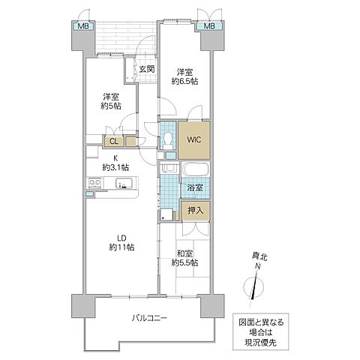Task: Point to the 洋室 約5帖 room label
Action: point(111,102)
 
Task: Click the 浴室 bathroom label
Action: point(194,187)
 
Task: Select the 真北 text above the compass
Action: point(257,256)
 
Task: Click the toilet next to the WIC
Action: point(167,141)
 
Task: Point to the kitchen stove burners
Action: point(96,182)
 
